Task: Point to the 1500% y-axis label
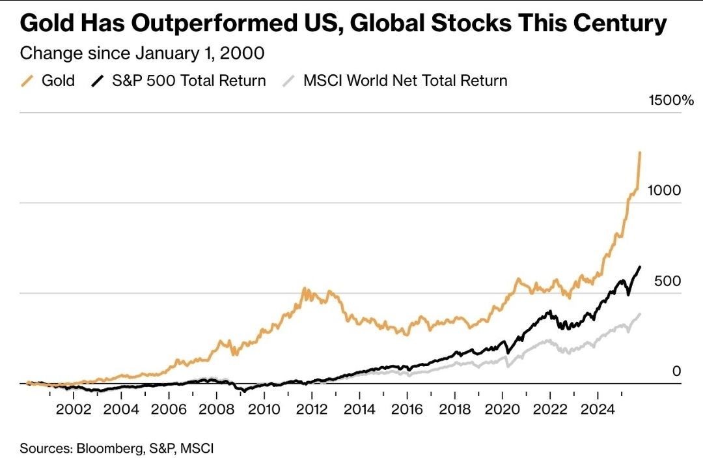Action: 671,100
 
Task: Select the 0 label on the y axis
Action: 676,371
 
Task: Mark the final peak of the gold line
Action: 641,152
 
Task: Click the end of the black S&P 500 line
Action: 640,266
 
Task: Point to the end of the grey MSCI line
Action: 640,314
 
